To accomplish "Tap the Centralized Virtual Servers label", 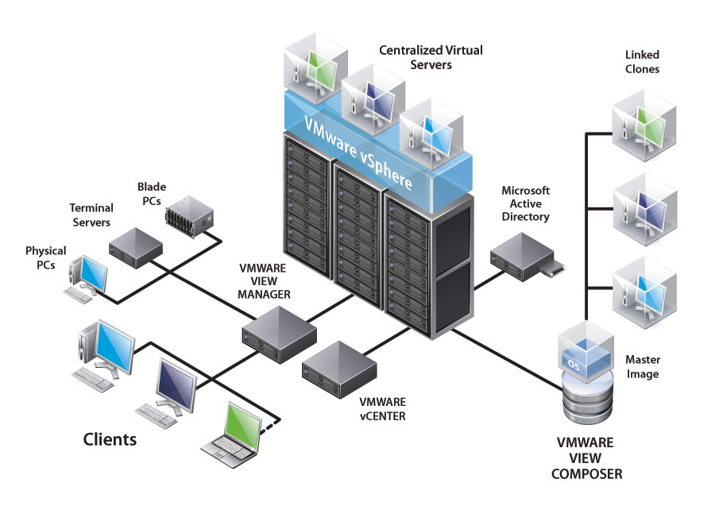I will point(431,57).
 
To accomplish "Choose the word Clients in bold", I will point(110,439).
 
